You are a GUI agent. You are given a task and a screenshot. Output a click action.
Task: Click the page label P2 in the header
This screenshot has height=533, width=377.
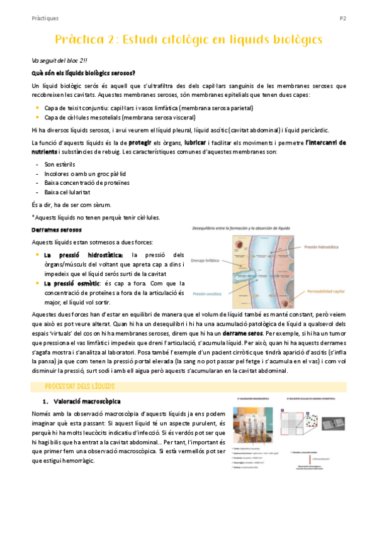343,18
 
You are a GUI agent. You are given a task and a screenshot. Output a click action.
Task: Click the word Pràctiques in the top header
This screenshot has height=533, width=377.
45,18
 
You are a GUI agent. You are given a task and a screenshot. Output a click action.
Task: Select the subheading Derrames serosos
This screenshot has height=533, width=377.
54,230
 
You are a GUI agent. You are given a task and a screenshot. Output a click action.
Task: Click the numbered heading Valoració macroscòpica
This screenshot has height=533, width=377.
86,400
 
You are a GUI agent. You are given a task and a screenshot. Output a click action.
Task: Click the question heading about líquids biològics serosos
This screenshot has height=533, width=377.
82,74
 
